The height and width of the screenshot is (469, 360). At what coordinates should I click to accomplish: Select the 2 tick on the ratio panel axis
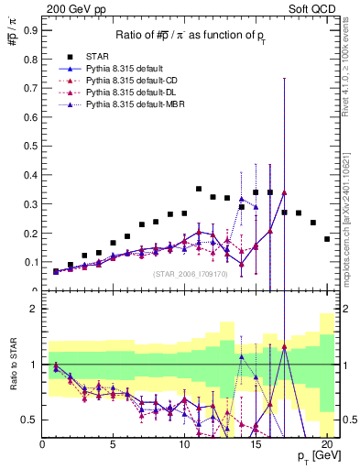click(34, 309)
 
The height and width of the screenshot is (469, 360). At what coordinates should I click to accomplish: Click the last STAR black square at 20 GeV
click(327, 239)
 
